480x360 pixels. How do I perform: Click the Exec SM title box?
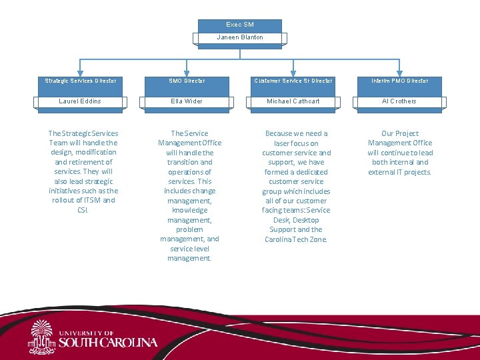pyautogui.click(x=240, y=25)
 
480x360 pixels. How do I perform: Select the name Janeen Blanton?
pyautogui.click(x=240, y=38)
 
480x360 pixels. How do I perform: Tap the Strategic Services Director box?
pyautogui.click(x=80, y=81)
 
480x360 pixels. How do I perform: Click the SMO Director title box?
pyautogui.click(x=187, y=81)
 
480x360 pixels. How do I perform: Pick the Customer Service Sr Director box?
pyautogui.click(x=293, y=81)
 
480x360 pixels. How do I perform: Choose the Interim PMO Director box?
pyautogui.click(x=400, y=81)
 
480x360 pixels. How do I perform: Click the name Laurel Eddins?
pyautogui.click(x=80, y=101)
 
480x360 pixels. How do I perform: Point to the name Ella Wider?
pyautogui.click(x=187, y=101)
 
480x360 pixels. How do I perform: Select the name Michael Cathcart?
pyautogui.click(x=293, y=101)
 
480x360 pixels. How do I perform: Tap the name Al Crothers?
pyautogui.click(x=399, y=101)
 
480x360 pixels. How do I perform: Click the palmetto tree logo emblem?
pyautogui.click(x=42, y=337)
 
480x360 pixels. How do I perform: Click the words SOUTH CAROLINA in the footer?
pyautogui.click(x=108, y=343)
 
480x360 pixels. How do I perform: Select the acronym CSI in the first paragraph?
pyautogui.click(x=83, y=210)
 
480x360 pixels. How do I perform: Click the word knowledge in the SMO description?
pyautogui.click(x=189, y=210)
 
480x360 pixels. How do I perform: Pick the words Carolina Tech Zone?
pyautogui.click(x=296, y=239)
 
